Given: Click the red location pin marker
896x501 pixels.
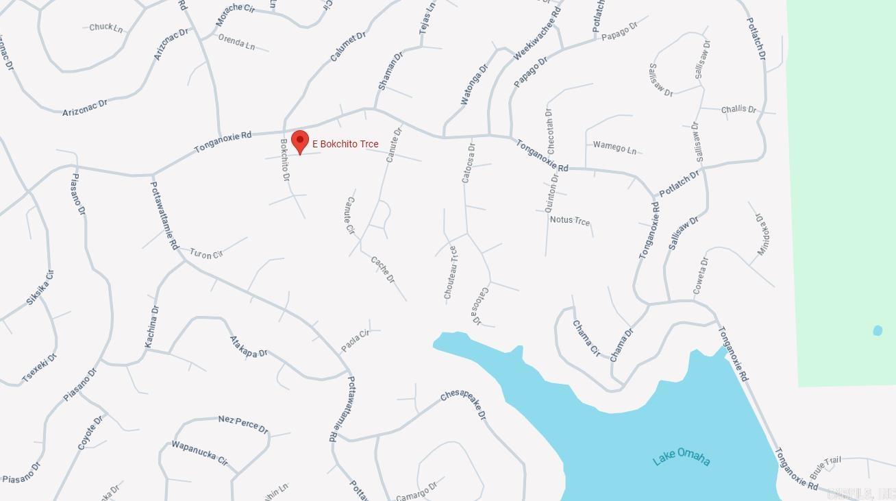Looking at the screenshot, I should tap(299, 142).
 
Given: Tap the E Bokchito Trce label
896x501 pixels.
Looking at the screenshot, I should tap(345, 144).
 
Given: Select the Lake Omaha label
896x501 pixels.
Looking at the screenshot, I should tap(681, 458).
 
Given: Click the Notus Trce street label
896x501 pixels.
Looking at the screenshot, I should tap(569, 220).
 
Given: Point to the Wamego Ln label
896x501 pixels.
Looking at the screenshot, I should tap(614, 147).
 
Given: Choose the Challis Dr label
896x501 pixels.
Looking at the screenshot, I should tap(738, 109).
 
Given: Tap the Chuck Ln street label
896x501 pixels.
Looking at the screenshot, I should tap(106, 27).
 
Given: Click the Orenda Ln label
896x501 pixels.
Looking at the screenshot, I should tap(236, 42).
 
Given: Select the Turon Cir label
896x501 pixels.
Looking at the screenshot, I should tap(206, 254).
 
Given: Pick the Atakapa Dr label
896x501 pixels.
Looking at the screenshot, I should tap(249, 347).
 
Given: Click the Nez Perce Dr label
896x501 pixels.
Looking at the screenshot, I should tap(243, 424).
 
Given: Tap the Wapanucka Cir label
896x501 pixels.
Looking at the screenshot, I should tap(199, 453).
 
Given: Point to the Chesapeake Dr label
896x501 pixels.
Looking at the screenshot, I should tap(464, 404).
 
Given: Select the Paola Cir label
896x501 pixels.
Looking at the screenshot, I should tap(355, 341).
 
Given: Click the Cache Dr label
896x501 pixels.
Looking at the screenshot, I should tap(383, 269).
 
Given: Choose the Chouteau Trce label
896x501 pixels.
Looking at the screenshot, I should tap(450, 273).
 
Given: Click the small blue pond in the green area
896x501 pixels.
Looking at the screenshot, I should tap(878, 331).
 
